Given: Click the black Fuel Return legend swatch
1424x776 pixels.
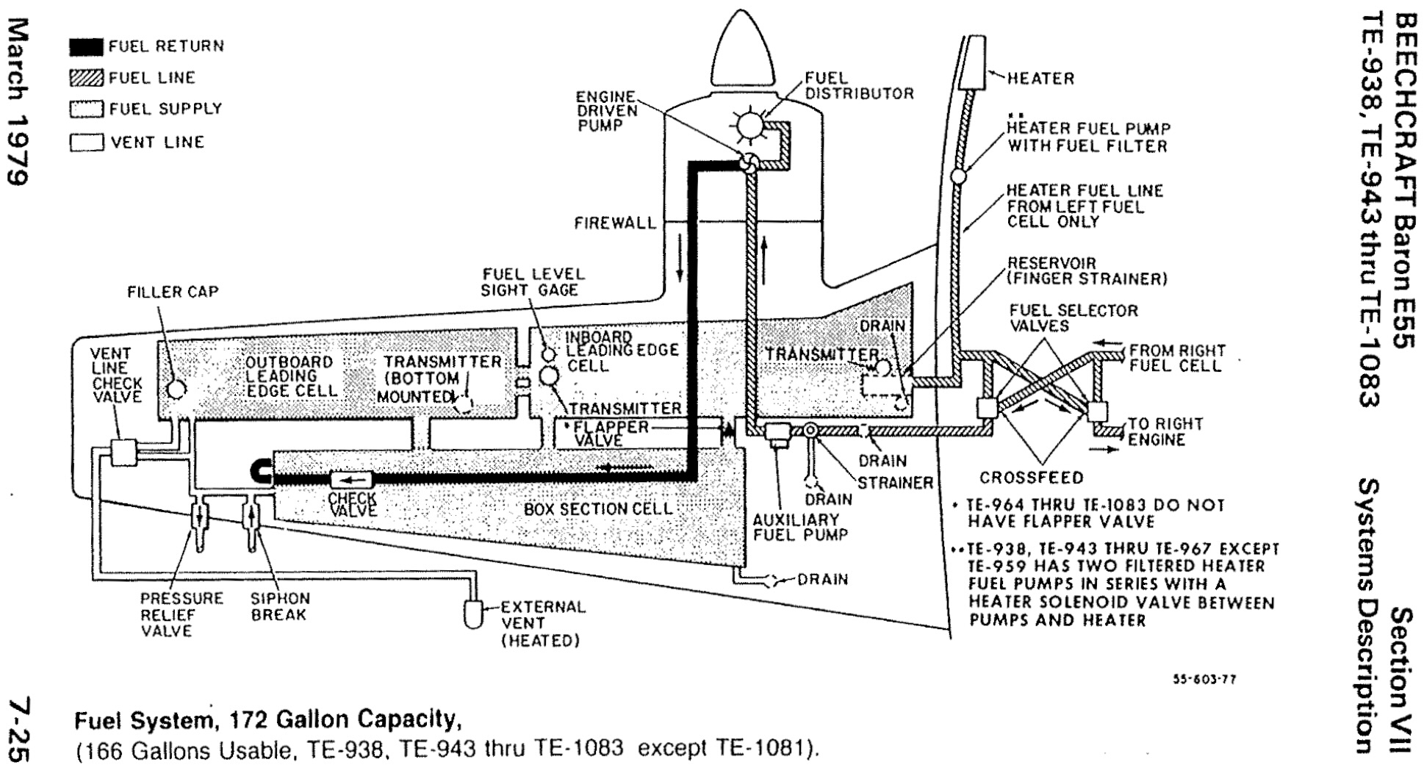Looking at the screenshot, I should tap(87, 47).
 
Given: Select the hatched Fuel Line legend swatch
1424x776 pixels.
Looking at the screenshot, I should tap(87, 78).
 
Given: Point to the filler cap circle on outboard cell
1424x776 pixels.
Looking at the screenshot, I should tap(176, 388).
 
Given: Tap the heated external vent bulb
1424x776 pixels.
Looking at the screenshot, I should tap(472, 614).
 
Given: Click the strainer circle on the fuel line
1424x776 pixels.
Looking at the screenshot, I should tap(811, 431).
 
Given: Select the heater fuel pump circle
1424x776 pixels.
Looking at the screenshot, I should tap(960, 177).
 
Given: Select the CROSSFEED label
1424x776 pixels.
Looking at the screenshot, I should tap(1031, 478).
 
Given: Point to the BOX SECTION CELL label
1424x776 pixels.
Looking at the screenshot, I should tap(597, 509).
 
